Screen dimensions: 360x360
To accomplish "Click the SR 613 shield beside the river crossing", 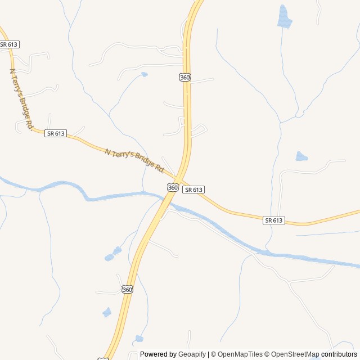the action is coord(193,190).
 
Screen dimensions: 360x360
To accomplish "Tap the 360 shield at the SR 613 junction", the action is coord(173,187).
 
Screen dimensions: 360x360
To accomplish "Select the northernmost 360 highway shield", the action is coord(185,77).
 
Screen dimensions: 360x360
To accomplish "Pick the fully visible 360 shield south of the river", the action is coord(127,289).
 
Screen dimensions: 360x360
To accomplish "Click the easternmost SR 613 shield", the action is coord(273,220).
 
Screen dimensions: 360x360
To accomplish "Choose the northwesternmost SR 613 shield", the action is coord(8,44).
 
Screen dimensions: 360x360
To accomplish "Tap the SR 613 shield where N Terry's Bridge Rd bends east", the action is coord(56,133).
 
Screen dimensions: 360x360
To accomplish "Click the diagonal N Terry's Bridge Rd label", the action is coord(134,160).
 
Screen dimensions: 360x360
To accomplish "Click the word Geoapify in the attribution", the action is coord(192,354).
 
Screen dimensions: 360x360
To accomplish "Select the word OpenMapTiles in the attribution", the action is coord(240,354).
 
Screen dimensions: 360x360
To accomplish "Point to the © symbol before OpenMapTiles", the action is coord(214,354).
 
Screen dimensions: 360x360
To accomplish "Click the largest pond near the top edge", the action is coord(285,18).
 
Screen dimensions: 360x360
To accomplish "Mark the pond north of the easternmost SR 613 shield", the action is coord(301,156).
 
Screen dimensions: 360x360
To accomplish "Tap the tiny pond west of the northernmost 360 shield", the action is coord(145,74).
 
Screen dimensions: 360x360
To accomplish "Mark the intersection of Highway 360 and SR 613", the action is coord(179,176).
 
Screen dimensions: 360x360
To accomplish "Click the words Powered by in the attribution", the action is coord(158,354).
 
